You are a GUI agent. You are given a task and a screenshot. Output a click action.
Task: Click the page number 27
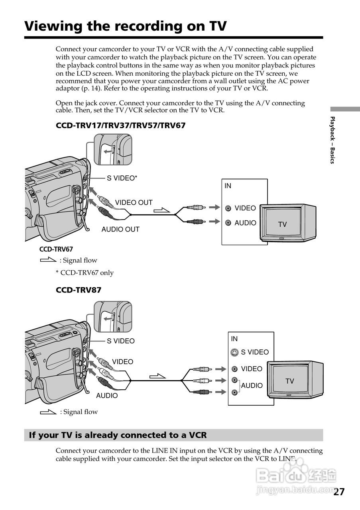click(339, 492)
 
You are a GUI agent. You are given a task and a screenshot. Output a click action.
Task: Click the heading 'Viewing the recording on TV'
click(125, 26)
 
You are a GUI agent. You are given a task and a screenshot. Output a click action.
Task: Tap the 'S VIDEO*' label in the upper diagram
click(122, 178)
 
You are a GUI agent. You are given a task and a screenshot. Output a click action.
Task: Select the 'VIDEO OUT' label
click(134, 202)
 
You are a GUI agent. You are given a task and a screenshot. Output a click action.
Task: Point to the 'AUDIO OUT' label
click(120, 229)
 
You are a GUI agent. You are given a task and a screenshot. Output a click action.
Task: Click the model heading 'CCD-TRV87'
click(79, 290)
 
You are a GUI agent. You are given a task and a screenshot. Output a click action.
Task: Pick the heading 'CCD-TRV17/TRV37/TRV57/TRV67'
click(120, 126)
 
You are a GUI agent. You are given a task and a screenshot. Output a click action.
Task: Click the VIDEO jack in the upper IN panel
click(228, 208)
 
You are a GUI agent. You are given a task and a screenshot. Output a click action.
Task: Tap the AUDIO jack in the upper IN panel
click(228, 223)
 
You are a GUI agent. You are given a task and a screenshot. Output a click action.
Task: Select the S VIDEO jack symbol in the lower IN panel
click(235, 352)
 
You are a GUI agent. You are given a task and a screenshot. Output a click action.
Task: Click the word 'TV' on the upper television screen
click(282, 224)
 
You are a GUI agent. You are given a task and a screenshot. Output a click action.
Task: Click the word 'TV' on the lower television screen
click(289, 381)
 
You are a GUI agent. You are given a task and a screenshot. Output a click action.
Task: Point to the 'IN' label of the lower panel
click(234, 339)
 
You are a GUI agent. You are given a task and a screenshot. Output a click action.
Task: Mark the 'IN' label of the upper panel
click(228, 186)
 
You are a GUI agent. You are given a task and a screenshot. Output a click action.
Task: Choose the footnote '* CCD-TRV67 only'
click(85, 273)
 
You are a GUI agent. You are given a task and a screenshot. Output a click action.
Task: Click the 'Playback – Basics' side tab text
click(332, 140)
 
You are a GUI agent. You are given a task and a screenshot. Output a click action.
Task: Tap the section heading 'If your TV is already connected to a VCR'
click(118, 435)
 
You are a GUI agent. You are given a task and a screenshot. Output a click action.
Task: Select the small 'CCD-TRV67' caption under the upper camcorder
click(56, 249)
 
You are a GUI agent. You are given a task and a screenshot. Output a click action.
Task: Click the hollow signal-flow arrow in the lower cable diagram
click(157, 376)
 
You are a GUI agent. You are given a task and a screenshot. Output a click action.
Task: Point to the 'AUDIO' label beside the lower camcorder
click(107, 396)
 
